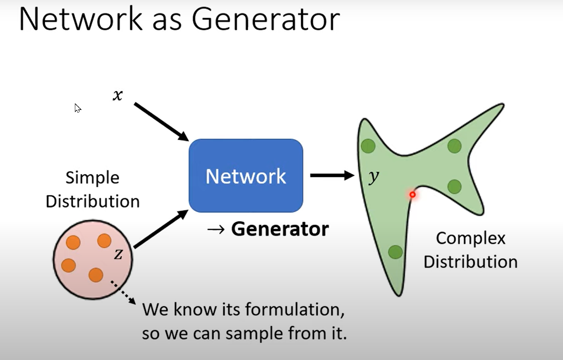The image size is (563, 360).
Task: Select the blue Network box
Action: point(246,176)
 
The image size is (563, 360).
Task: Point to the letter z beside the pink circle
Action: point(118,254)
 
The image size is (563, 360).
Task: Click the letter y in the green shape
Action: point(373,177)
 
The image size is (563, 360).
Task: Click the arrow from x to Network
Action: point(161,122)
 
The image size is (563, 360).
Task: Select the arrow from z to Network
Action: point(161,229)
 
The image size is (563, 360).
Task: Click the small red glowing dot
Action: point(412,194)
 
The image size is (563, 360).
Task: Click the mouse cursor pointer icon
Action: point(77,108)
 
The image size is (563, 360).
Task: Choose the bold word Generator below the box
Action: point(280,229)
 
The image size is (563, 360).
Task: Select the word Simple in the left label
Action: point(92,178)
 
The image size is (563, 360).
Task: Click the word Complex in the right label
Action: point(470,238)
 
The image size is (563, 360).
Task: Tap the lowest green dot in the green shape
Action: point(395,252)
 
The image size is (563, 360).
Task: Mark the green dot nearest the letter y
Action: point(368,146)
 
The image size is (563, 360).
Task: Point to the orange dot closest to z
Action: point(104,241)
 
